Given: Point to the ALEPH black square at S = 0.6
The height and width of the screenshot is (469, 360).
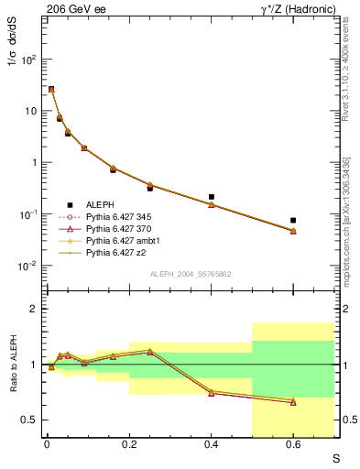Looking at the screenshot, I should (x=293, y=221).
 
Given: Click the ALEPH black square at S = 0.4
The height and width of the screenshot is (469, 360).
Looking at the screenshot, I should (x=211, y=197).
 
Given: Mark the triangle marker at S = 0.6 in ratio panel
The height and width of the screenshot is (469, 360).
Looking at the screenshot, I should (x=293, y=401).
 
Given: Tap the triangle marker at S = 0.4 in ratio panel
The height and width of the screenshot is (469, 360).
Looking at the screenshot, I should (x=211, y=392).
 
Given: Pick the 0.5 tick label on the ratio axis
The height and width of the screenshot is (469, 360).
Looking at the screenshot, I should (x=29, y=420).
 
